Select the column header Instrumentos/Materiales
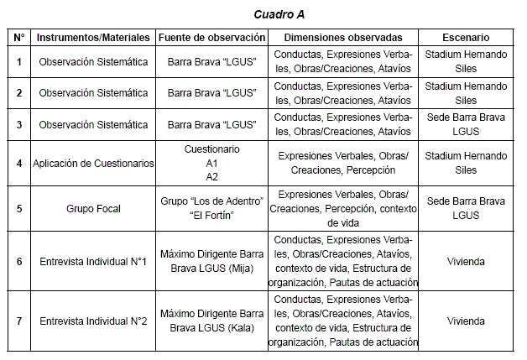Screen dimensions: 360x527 pos(93,38)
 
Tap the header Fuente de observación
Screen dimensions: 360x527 pos(211,38)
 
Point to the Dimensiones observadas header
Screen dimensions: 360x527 pos(343,38)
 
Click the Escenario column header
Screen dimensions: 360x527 pos(466,38)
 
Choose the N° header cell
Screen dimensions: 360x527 pos(19,38)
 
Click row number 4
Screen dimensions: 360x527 pos(19,163)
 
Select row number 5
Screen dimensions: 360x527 pos(19,209)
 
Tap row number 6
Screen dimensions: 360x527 pos(19,262)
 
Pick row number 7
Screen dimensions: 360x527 pos(19,321)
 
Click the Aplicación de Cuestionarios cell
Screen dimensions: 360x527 pos(93,163)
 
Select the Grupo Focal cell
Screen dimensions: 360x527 pos(93,209)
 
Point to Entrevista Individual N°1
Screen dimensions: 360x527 pos(93,262)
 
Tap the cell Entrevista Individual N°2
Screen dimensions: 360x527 pos(93,321)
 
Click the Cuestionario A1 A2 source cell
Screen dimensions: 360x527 pos(211,163)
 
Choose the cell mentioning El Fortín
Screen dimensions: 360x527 pos(211,209)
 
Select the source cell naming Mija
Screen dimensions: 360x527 pos(211,262)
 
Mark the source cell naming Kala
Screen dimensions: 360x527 pos(211,321)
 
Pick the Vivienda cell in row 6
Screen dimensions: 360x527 pos(466,262)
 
